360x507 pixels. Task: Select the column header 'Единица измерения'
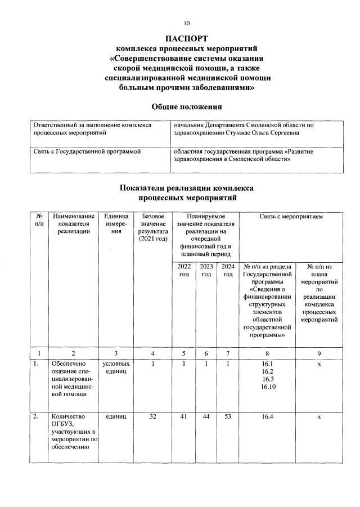116,223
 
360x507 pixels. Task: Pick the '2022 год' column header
184,270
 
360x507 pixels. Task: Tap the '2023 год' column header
206,270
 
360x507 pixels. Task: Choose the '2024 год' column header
228,270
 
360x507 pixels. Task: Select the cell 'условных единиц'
116,367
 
